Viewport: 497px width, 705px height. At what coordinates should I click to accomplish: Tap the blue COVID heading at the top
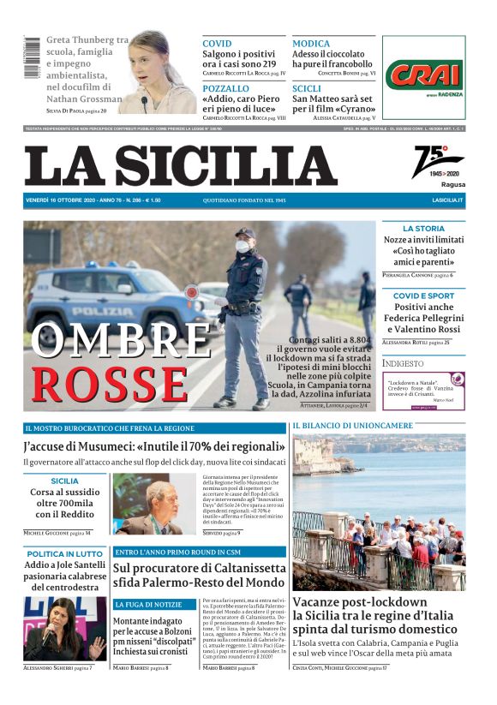[x=217, y=43]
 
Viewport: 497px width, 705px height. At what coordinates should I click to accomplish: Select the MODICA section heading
[x=311, y=43]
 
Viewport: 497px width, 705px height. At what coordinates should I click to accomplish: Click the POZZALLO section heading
[x=226, y=88]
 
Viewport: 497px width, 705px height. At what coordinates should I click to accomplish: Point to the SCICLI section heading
[x=307, y=88]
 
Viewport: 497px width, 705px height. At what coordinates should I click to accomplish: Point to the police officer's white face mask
[x=243, y=248]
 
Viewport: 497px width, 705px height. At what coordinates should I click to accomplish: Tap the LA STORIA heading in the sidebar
[x=424, y=229]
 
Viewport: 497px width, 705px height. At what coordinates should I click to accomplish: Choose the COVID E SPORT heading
[x=423, y=296]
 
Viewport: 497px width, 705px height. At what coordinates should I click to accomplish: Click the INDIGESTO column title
[x=404, y=362]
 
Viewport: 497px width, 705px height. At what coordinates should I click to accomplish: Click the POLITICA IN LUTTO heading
[x=65, y=554]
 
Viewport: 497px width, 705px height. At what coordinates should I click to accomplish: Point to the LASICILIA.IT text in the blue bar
[x=447, y=200]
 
